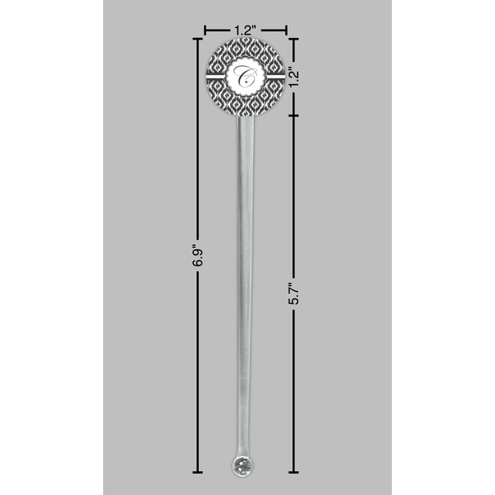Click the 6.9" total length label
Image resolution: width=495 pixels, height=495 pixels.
click(x=197, y=255)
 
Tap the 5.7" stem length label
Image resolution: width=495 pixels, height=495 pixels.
click(x=293, y=293)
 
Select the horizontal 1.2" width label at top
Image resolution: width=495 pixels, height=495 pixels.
click(x=245, y=31)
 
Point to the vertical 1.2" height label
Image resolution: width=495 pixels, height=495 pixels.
click(x=293, y=77)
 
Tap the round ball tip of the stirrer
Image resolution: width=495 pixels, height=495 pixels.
click(x=243, y=464)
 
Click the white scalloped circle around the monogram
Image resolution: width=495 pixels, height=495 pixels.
click(x=245, y=78)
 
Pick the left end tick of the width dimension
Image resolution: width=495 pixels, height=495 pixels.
click(x=205, y=31)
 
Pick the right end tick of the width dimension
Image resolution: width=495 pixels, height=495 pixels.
click(x=286, y=31)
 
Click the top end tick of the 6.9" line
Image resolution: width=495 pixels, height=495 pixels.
click(x=197, y=39)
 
